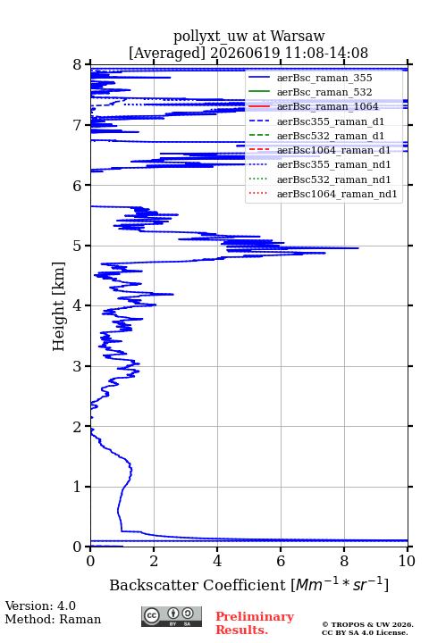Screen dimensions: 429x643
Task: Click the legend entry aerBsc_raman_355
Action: (324, 78)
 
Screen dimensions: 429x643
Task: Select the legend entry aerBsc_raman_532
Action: (324, 92)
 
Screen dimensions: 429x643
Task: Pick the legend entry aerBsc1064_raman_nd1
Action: (337, 194)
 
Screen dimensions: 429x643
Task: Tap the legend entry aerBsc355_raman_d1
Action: (331, 121)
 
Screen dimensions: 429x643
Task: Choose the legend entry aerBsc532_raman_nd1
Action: (333, 180)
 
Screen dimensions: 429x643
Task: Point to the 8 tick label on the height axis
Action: (78, 64)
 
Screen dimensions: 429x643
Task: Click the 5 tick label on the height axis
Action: (78, 246)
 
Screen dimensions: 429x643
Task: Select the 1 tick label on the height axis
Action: (78, 487)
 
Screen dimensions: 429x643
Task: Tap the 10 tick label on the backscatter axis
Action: (407, 561)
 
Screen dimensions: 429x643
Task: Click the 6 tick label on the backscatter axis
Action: (281, 561)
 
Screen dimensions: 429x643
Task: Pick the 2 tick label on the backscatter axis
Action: (154, 561)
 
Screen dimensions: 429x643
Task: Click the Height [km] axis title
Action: (59, 306)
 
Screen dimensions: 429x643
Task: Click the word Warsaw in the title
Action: (298, 36)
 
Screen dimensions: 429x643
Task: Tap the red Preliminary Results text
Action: (255, 623)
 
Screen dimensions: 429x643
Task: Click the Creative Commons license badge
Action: (172, 616)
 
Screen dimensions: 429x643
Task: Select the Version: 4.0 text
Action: (40, 605)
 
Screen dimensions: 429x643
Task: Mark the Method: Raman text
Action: (53, 619)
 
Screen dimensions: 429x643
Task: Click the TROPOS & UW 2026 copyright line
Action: (368, 624)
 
